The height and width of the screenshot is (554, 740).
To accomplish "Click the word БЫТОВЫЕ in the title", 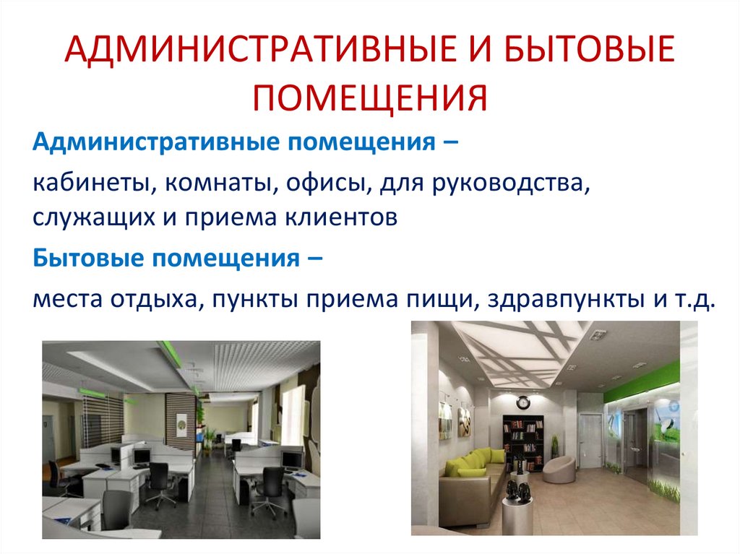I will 572,56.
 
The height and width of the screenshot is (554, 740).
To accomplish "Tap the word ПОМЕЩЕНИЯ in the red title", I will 369,98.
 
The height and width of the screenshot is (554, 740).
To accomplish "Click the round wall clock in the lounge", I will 522,402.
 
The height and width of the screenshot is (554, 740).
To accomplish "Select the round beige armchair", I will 558,470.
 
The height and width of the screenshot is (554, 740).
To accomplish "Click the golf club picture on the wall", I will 668,426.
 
